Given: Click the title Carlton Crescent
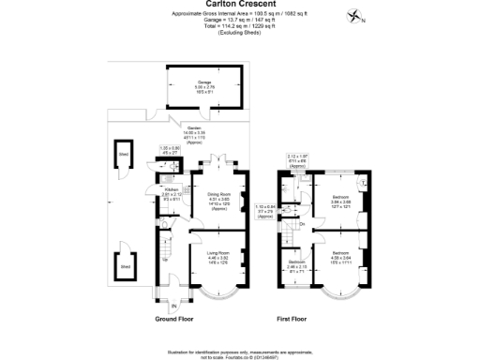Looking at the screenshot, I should click(x=239, y=5).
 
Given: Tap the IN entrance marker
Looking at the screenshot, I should click(x=173, y=307).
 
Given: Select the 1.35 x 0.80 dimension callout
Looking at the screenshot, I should click(x=169, y=150).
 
